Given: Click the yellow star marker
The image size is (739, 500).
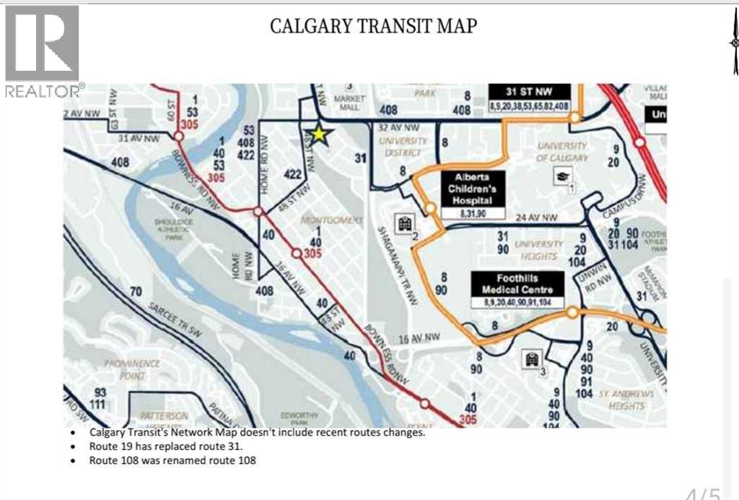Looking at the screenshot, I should pyautogui.click(x=318, y=135).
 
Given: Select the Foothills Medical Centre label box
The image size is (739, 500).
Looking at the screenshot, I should pyautogui.click(x=516, y=288).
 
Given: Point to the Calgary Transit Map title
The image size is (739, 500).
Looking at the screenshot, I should pyautogui.click(x=373, y=26).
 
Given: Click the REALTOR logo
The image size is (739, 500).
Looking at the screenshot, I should pyautogui.click(x=43, y=51).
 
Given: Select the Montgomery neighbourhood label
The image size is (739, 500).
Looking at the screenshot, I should pyautogui.click(x=331, y=219).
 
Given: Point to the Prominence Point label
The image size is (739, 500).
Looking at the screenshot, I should pyautogui.click(x=131, y=369).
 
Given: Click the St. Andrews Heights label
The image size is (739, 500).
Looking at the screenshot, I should pyautogui.click(x=626, y=400).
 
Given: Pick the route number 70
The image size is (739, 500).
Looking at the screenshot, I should pyautogui.click(x=135, y=292).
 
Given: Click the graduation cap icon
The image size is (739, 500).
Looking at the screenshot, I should pyautogui.click(x=561, y=174).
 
